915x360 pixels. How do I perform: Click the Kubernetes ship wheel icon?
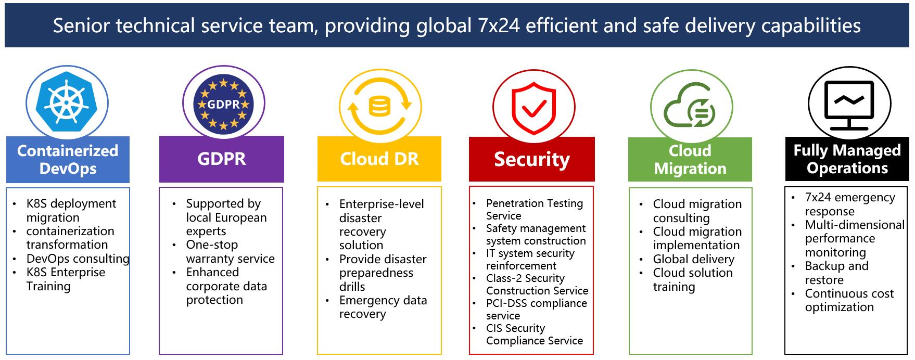point(67,102)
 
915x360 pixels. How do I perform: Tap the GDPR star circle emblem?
point(223,104)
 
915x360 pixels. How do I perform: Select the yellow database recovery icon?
point(379,107)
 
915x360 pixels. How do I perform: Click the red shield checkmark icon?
point(533,108)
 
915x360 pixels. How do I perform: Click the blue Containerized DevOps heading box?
point(68,160)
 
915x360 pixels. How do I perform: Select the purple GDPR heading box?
point(222,159)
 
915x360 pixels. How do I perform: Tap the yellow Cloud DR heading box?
point(379,159)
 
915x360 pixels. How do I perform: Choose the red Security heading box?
point(532,159)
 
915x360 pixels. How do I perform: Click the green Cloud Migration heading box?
point(690,160)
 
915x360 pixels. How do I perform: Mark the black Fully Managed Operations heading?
point(847,159)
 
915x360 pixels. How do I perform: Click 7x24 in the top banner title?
point(499,25)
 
